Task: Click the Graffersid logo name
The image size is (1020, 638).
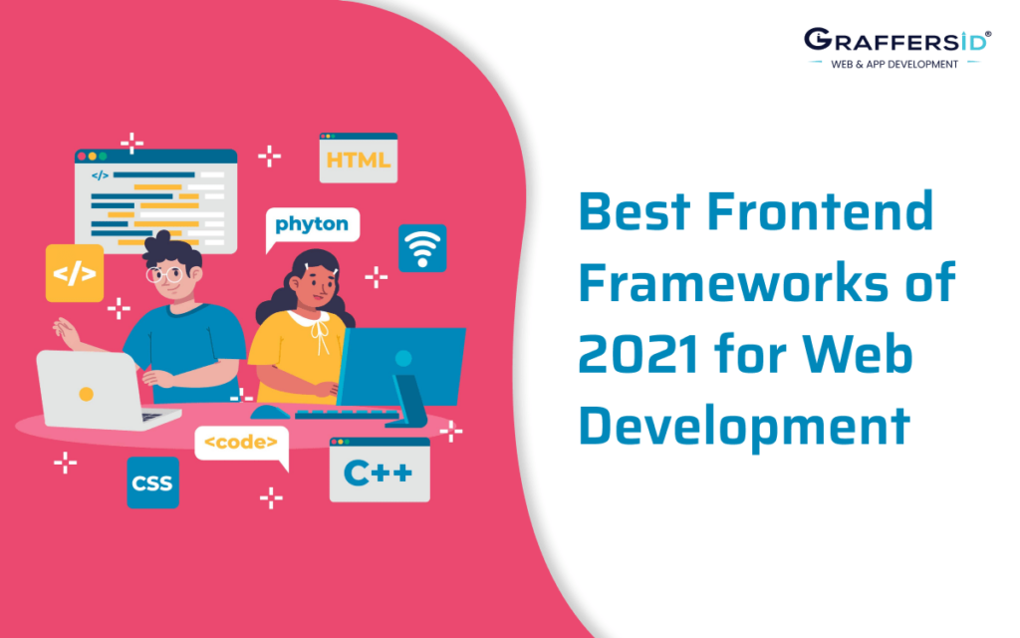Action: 895,41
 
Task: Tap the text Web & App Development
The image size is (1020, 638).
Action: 894,64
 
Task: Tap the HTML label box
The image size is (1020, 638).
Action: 359,159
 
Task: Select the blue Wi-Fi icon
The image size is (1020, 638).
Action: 422,248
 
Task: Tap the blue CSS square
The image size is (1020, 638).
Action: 152,483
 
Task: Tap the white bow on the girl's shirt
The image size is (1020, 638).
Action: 320,334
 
